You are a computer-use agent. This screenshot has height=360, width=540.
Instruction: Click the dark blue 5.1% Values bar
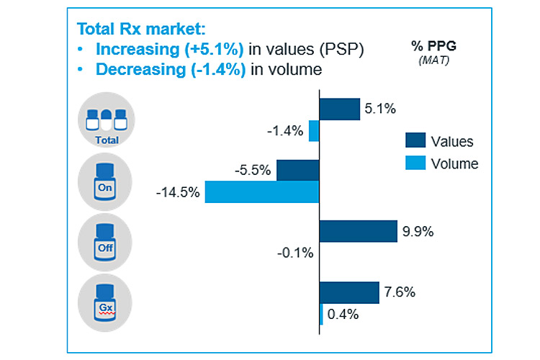[x=339, y=109]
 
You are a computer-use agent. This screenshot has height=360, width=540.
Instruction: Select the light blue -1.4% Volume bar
[x=314, y=131]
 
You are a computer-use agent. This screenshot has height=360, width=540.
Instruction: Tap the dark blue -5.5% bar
[x=297, y=171]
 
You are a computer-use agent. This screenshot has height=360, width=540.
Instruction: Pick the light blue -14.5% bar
[x=262, y=192]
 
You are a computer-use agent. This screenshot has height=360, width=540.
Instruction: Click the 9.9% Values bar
[x=358, y=231]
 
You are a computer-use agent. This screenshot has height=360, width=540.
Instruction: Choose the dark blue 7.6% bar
[x=348, y=292]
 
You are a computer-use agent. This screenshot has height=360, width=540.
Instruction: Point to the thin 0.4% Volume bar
[x=321, y=314]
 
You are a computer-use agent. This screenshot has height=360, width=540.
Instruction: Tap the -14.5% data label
[x=177, y=193]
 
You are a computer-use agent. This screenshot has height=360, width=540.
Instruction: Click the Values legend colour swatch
[x=415, y=140]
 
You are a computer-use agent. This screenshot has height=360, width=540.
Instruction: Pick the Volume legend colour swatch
[x=415, y=163]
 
